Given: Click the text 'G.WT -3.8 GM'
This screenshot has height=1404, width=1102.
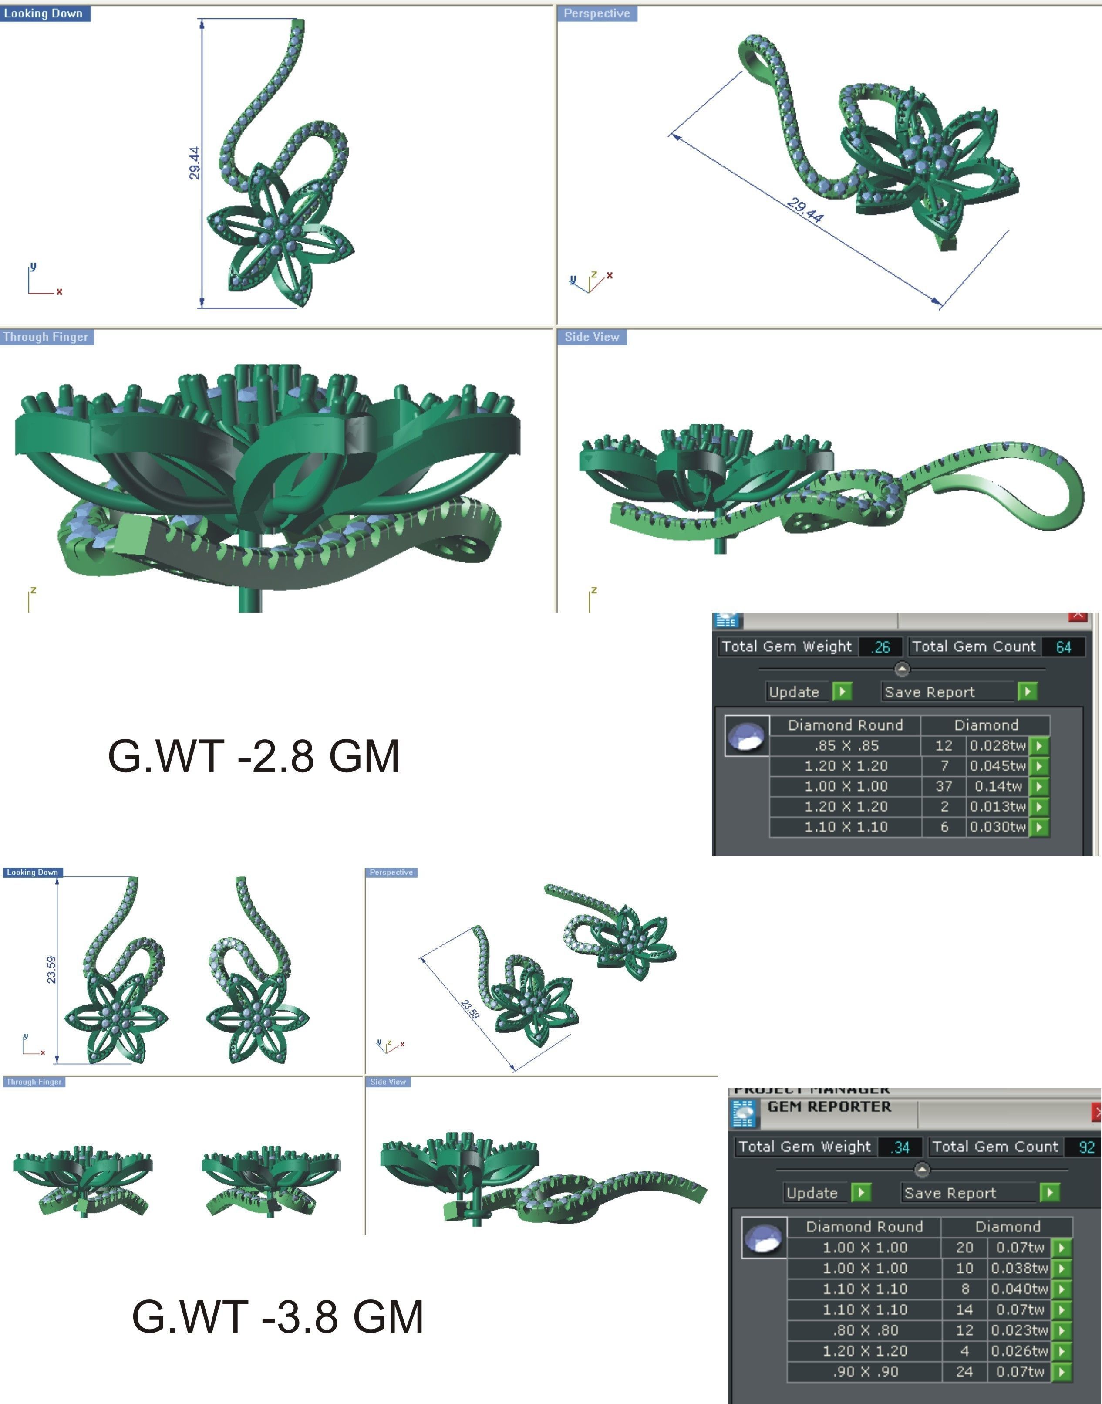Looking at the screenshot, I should (277, 1317).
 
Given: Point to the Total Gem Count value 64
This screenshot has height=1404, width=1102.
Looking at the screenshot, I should (1063, 647).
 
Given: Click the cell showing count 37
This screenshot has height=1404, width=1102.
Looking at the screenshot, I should (943, 786).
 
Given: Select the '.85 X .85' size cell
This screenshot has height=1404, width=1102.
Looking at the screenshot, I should (845, 746).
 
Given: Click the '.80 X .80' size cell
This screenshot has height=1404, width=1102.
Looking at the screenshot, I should (865, 1330).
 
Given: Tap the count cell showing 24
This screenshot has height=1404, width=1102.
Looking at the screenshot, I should (964, 1372).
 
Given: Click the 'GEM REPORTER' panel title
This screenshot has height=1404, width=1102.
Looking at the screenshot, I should (829, 1106).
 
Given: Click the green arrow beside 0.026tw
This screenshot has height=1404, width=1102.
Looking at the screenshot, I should (1062, 1351).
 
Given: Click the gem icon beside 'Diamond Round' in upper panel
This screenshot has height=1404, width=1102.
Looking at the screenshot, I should (747, 736).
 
